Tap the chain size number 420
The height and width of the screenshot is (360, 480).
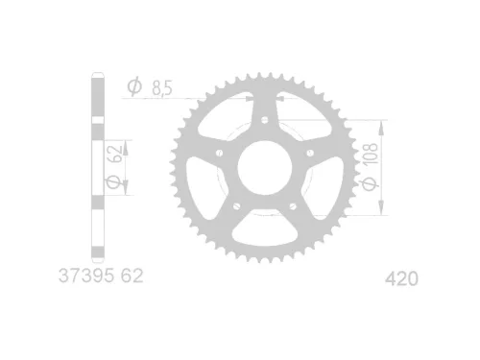tap(400, 279)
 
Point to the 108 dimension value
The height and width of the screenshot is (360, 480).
tap(371, 153)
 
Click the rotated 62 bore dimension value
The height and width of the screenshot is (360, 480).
tap(116, 152)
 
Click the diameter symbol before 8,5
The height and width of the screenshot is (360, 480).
tap(133, 87)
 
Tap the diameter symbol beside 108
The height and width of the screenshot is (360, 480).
tap(371, 181)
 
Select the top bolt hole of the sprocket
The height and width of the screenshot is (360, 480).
tap(262, 118)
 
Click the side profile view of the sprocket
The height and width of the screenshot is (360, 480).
tap(96, 168)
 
